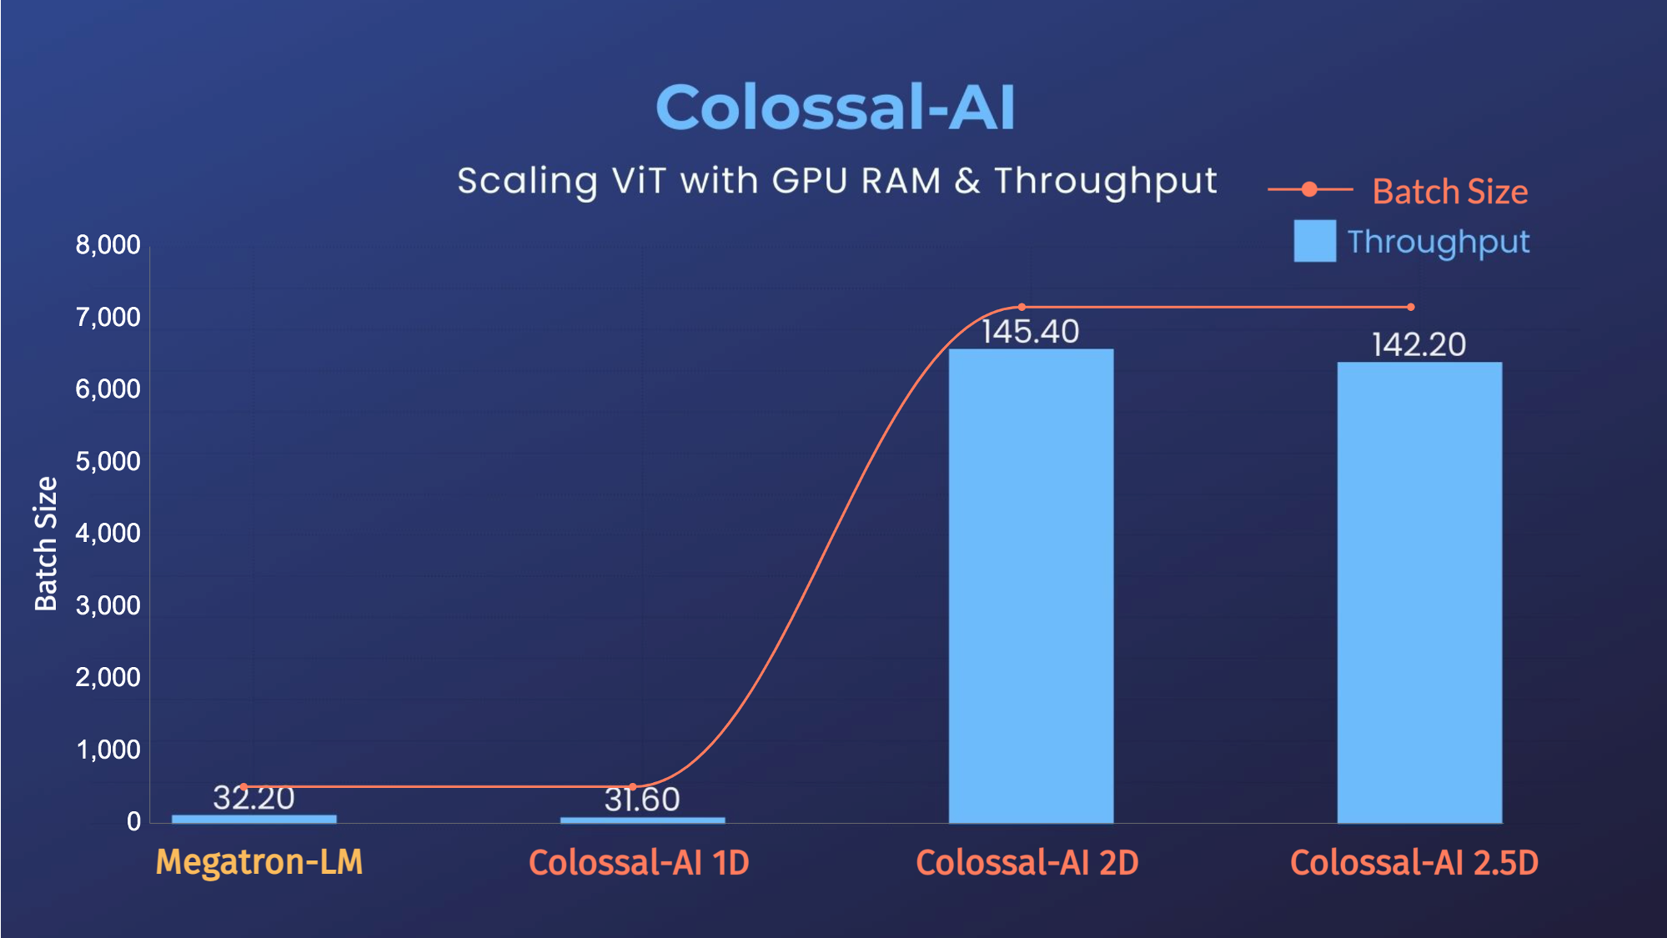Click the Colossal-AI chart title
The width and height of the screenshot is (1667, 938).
pos(835,108)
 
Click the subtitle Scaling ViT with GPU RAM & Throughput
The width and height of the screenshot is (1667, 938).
pos(836,181)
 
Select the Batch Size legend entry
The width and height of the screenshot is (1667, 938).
pos(1449,192)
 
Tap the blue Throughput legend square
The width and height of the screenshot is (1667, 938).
pos(1314,241)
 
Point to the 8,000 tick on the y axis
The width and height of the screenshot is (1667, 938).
pos(108,245)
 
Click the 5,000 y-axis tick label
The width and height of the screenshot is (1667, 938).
pos(108,461)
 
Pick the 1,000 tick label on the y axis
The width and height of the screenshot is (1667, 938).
pos(108,750)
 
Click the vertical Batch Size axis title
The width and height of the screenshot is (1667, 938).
pos(46,544)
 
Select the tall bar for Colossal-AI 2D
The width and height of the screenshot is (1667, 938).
pos(1031,584)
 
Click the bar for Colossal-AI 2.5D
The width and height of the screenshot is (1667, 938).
pos(1419,592)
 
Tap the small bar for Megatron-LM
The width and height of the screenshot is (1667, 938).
pos(254,819)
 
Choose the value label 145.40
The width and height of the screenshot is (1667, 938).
pos(1030,332)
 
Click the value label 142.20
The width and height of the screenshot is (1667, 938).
pos(1418,345)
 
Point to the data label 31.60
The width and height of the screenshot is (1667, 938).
pos(642,800)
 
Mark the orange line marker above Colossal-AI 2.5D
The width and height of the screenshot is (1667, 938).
pos(1411,307)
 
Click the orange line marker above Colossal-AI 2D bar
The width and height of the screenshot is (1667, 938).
pos(1022,307)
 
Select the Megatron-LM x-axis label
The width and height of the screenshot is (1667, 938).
pos(259,862)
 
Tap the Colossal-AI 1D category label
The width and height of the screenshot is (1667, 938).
pos(639,863)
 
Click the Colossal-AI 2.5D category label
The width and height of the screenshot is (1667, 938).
pos(1414,863)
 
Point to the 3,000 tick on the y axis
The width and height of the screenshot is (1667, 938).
pos(108,605)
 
